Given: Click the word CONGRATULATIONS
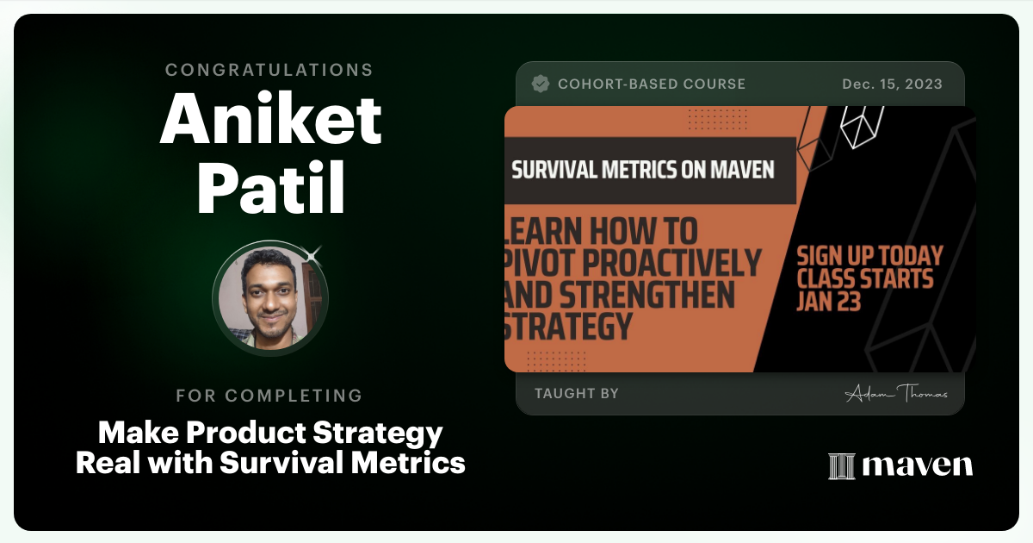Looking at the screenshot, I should [269, 70].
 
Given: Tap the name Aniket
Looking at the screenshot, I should [270, 119].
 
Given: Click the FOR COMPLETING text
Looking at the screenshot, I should [269, 396].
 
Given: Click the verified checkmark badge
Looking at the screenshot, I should [541, 84].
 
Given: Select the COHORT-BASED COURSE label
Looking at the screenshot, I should [652, 84].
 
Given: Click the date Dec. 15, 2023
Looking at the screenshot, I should [892, 84].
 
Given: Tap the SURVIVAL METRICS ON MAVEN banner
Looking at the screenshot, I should [643, 169].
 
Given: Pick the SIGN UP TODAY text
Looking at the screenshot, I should [869, 256].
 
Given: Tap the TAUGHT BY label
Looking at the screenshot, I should [577, 394].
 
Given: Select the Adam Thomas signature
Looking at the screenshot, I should [896, 393].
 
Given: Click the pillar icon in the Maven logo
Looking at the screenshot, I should [841, 465].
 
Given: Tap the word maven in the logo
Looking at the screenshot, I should [917, 466].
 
